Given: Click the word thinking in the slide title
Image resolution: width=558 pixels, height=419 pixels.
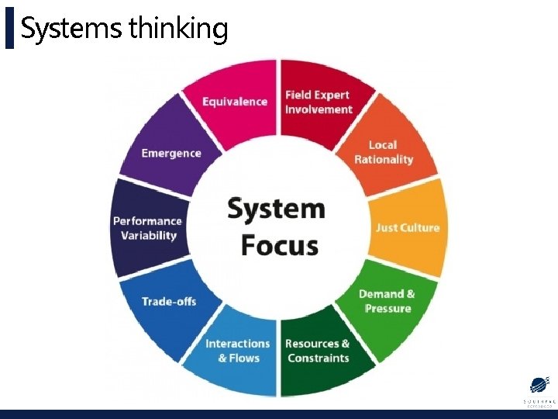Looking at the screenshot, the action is tap(178, 29).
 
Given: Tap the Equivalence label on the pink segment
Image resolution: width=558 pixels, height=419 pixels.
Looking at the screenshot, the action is tap(235, 102).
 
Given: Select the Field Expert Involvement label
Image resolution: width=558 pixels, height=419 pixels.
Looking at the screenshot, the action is tap(318, 102).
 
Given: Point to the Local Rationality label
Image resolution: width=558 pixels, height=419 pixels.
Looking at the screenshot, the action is tap(384, 152).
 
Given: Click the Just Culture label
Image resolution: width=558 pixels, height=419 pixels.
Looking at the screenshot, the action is tap(408, 227).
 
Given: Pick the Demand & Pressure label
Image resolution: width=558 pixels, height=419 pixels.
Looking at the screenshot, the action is tap(387, 301).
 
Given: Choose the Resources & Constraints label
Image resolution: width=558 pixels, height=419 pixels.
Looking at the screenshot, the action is tap(318, 351).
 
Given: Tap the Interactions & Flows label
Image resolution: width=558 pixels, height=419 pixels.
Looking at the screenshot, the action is tap(238, 351).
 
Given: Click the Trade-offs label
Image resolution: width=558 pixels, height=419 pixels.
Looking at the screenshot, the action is tap(169, 301).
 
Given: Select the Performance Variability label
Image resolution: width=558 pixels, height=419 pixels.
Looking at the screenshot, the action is tap(147, 228).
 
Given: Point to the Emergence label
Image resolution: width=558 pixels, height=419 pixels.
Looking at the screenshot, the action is tap(171, 153).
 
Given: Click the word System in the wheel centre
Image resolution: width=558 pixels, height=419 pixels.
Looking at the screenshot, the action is tap(276, 209).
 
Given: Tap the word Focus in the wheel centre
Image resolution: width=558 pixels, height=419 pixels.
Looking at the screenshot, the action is tap(279, 245).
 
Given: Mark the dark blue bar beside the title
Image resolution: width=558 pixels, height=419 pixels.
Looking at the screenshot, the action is tap(9, 29).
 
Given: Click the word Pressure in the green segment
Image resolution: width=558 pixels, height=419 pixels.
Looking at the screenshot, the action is tap(387, 309).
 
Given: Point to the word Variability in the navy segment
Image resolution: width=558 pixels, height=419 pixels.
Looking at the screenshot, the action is tap(149, 236).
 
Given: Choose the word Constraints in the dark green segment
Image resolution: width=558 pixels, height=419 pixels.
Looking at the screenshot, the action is tap(319, 358).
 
